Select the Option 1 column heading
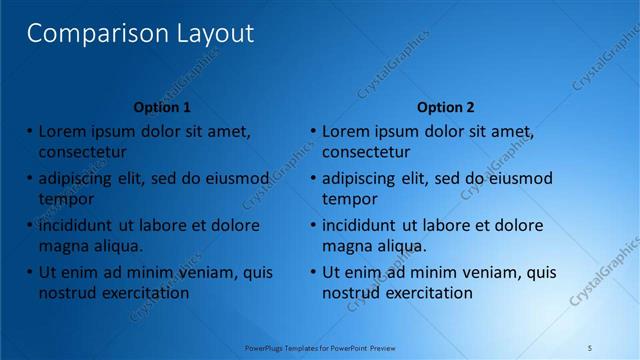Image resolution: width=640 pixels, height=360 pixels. pos(162,107)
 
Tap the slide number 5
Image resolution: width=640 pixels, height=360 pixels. pos(590,347)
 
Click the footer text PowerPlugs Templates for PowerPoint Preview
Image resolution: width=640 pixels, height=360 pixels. pos(321,347)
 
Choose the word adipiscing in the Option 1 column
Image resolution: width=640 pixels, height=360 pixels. pos(78,179)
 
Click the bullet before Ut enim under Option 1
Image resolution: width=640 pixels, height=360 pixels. pos(28,272)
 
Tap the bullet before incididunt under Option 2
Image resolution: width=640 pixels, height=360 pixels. pos(312,225)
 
